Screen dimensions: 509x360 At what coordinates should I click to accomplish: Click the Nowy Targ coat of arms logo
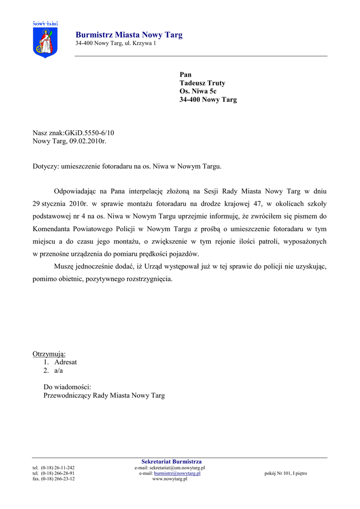(x=45, y=39)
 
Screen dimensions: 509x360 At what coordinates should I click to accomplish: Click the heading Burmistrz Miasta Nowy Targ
(x=129, y=35)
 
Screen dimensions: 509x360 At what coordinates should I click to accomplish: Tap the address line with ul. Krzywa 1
(x=115, y=44)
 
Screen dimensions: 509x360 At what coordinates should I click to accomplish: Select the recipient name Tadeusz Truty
(x=202, y=83)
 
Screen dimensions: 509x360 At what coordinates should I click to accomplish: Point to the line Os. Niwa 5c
(x=198, y=91)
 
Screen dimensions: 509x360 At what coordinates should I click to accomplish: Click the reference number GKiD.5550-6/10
(x=90, y=133)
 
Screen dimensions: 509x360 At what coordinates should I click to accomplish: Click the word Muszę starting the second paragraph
(x=64, y=266)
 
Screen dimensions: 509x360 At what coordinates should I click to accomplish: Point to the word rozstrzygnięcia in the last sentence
(x=149, y=279)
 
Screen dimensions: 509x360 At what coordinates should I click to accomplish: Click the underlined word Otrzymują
(x=49, y=354)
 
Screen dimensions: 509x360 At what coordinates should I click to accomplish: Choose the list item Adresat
(x=66, y=362)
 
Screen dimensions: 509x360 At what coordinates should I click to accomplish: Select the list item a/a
(x=59, y=370)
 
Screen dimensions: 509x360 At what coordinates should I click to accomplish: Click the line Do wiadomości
(x=67, y=387)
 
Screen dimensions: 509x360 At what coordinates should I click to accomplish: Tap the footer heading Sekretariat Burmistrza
(x=172, y=462)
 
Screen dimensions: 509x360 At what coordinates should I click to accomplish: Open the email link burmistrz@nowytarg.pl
(x=177, y=473)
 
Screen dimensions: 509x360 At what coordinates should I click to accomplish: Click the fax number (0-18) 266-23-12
(x=58, y=479)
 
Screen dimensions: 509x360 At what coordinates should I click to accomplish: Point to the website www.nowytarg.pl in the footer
(x=170, y=479)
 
